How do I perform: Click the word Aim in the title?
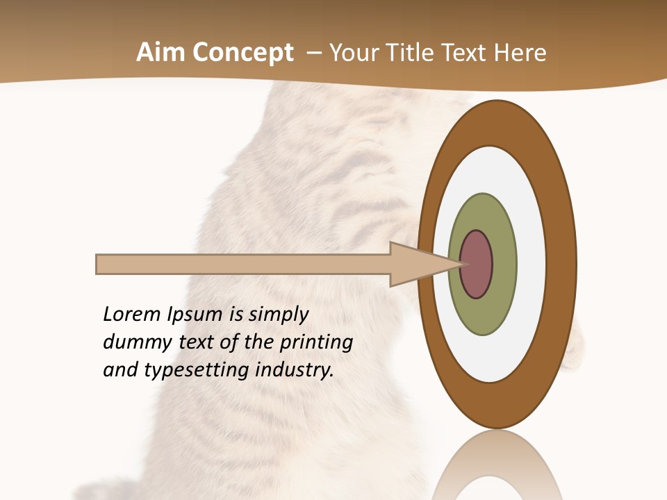pyautogui.click(x=161, y=53)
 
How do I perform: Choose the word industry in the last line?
pyautogui.click(x=295, y=370)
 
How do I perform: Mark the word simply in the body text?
pyautogui.click(x=278, y=315)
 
